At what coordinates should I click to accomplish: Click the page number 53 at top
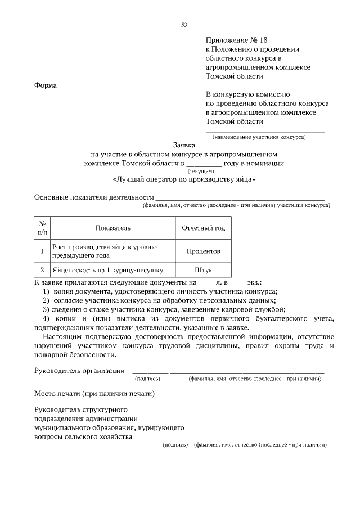[x=184, y=24]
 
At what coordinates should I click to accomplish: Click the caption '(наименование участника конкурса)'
[x=259, y=137]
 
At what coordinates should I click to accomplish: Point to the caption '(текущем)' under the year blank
[x=201, y=170]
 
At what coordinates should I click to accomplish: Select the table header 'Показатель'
[x=112, y=228]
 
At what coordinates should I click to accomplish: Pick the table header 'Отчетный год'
[x=203, y=228]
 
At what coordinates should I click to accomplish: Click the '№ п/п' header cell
[x=42, y=228]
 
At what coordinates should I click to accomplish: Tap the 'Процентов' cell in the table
[x=203, y=251]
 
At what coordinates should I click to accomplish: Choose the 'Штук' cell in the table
[x=203, y=269]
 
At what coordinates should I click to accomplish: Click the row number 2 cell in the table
[x=42, y=269]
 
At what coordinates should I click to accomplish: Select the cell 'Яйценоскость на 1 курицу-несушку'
[x=107, y=269]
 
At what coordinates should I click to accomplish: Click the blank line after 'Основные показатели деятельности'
[x=240, y=198]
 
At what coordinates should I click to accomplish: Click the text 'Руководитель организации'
[x=79, y=370]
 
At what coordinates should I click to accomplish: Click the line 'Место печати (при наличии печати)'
[x=94, y=393]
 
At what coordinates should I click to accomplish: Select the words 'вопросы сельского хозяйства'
[x=83, y=437]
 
